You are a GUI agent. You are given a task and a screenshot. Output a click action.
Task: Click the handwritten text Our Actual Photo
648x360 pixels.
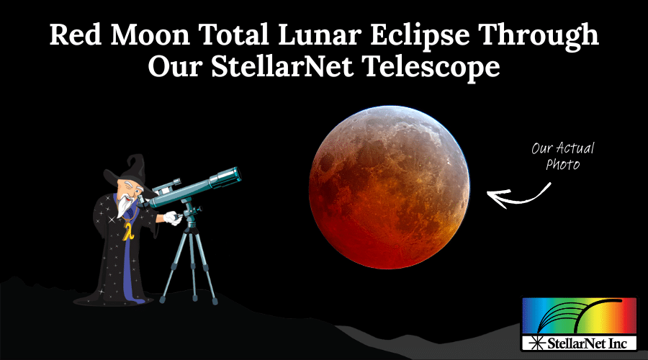554,157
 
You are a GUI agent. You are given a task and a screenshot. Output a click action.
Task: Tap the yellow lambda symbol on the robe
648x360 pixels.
127,232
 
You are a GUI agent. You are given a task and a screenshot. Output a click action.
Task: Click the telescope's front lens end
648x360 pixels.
233,174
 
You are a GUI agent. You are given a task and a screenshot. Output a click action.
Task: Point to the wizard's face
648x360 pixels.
127,189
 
